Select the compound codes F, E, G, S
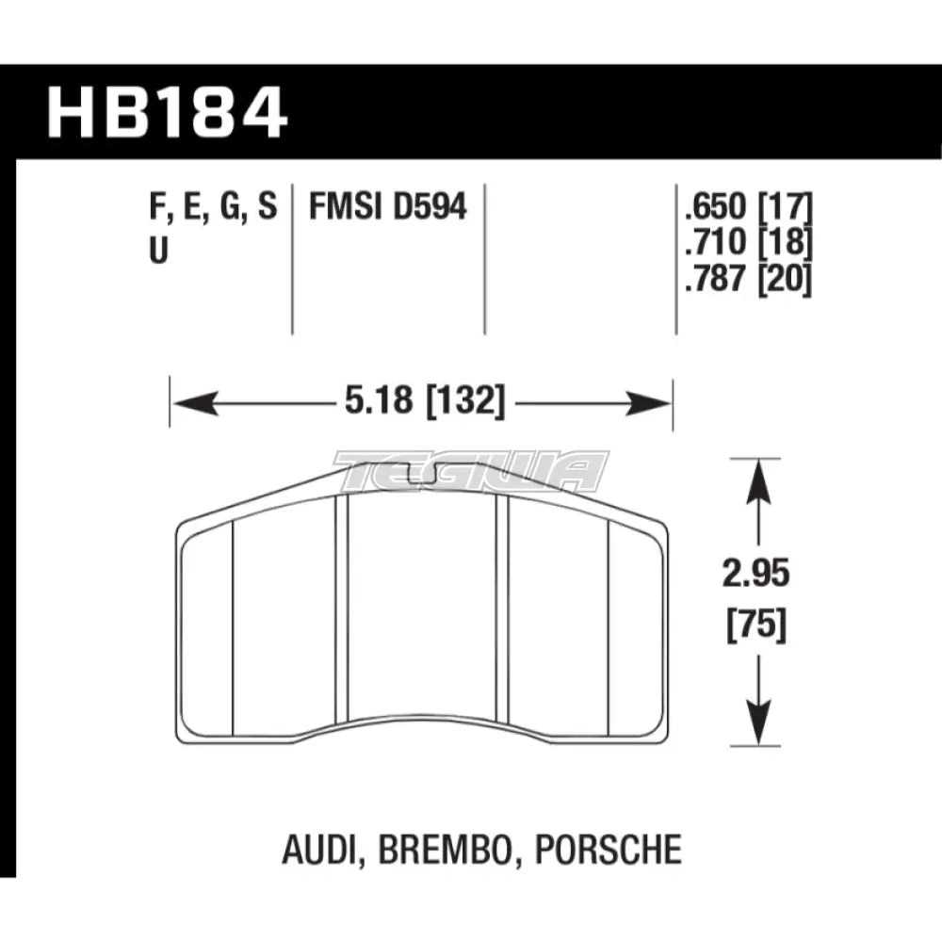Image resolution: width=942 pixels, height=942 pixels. (214, 206)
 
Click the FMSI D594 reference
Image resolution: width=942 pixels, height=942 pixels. (388, 206)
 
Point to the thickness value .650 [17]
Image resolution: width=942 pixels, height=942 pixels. (744, 206)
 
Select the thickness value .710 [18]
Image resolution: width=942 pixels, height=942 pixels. (744, 243)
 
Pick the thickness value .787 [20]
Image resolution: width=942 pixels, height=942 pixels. (744, 280)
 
